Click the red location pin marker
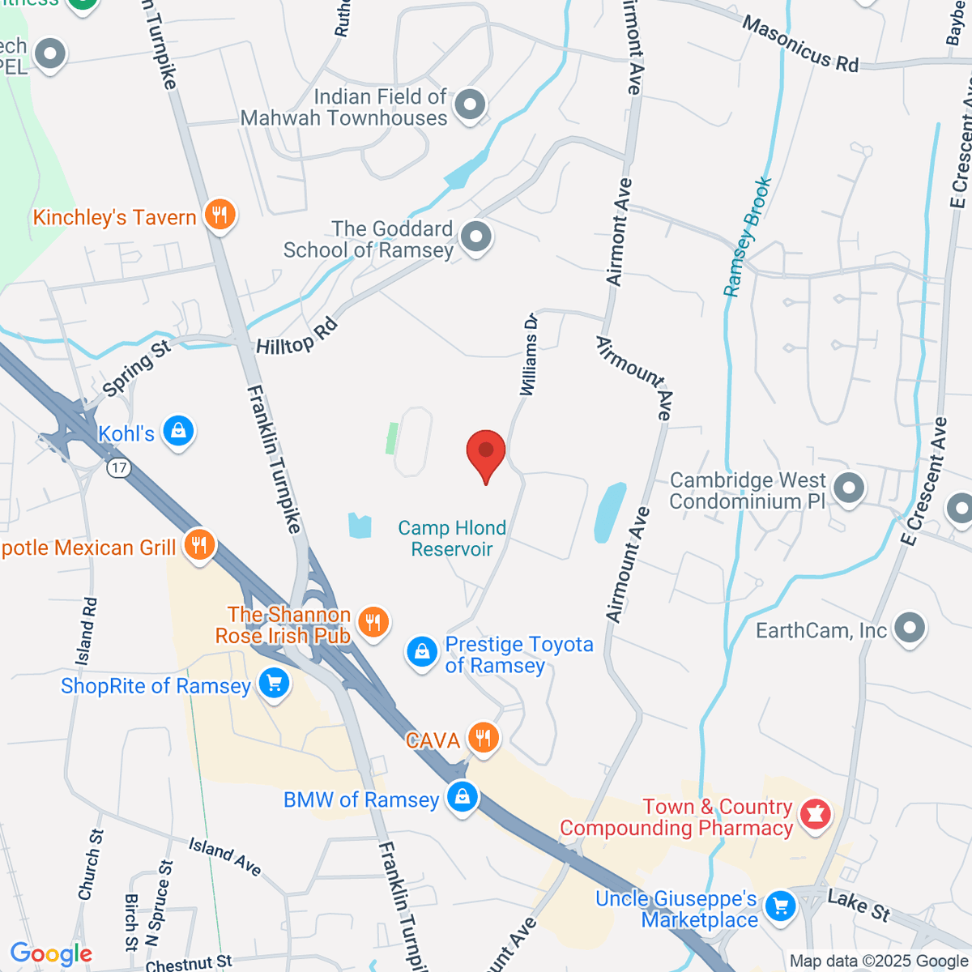(x=486, y=452)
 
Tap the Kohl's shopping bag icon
(x=178, y=430)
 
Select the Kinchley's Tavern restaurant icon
(x=220, y=215)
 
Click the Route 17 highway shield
(x=119, y=467)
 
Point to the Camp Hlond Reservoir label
(x=452, y=539)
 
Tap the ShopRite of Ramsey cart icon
(x=274, y=684)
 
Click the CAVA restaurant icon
(x=484, y=738)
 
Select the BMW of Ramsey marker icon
(x=462, y=796)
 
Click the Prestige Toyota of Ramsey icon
(x=422, y=652)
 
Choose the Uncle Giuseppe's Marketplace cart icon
(x=780, y=906)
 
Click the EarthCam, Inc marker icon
(x=910, y=628)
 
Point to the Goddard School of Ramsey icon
(x=475, y=237)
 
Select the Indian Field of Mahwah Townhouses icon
(x=470, y=104)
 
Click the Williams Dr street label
(x=529, y=354)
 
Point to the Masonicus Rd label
(x=800, y=45)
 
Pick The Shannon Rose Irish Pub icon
(x=373, y=622)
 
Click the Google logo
(x=51, y=954)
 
